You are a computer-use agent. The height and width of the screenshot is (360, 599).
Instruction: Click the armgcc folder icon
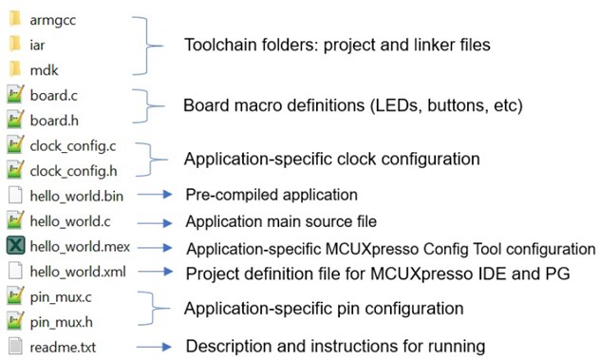(x=15, y=19)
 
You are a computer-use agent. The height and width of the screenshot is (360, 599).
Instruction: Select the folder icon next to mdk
(x=15, y=69)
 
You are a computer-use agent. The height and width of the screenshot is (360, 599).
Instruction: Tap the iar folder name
(x=37, y=45)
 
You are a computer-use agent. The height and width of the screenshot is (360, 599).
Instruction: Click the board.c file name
(x=53, y=95)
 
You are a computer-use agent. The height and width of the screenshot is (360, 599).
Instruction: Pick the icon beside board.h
(x=15, y=120)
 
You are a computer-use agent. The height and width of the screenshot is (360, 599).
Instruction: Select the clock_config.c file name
(x=73, y=146)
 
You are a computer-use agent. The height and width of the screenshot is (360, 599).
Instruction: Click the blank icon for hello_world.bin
(x=15, y=195)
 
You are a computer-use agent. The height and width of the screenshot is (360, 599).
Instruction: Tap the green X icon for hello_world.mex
(x=15, y=245)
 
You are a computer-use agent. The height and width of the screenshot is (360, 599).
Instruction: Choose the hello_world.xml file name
(x=78, y=272)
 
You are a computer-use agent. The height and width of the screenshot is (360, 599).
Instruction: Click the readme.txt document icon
(x=15, y=346)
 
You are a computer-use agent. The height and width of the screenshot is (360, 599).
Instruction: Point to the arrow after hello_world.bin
(x=155, y=194)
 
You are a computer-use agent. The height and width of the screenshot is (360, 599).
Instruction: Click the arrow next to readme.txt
(x=154, y=347)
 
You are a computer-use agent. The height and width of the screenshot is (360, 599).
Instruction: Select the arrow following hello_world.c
(x=155, y=223)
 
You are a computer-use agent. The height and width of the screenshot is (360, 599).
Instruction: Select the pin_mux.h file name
(x=61, y=322)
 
